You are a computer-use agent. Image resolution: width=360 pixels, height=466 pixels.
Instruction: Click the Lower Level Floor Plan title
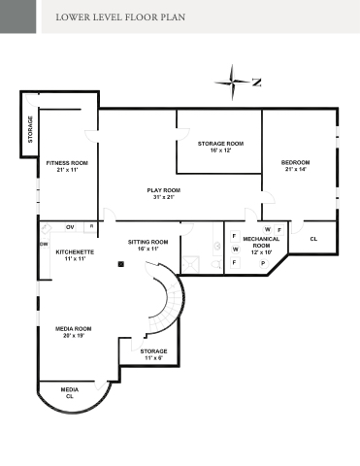click(x=120, y=17)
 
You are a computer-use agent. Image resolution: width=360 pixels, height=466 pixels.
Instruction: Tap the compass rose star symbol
click(x=232, y=82)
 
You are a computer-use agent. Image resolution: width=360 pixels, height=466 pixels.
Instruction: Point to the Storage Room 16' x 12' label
click(x=220, y=147)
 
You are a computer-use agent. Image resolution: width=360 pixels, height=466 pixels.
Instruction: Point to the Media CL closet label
click(x=70, y=393)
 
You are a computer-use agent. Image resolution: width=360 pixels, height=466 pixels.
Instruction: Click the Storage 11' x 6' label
click(x=153, y=354)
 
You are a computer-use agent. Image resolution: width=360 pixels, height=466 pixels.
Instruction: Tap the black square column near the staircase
click(x=121, y=264)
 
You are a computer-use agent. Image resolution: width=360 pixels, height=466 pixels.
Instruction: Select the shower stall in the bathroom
click(x=190, y=264)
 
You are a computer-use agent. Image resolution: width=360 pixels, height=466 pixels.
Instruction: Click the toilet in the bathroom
click(x=217, y=265)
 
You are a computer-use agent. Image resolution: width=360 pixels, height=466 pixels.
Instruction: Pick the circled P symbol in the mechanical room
click(x=263, y=264)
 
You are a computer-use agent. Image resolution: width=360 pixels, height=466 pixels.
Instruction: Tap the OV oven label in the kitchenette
click(x=70, y=227)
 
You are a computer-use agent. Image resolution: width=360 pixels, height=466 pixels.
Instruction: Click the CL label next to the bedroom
click(x=313, y=239)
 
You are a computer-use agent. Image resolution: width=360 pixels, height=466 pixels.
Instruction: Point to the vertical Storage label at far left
click(x=30, y=129)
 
